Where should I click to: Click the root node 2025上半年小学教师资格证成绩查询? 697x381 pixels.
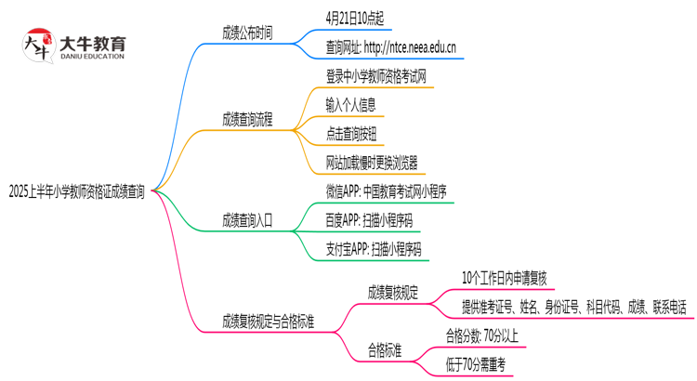[76, 192]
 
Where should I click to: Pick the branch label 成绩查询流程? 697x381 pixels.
[247, 119]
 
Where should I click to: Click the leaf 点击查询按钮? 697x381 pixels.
[351, 134]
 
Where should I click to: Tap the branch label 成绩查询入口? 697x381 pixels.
[247, 220]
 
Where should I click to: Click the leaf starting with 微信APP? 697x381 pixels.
[387, 191]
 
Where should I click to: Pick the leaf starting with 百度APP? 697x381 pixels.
[367, 220]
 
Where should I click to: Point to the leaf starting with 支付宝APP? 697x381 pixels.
[373, 249]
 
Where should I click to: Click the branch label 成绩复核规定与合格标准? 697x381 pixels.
[268, 322]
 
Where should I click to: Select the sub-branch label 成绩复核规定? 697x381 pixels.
[393, 293]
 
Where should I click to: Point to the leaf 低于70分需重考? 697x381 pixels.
[480, 364]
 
